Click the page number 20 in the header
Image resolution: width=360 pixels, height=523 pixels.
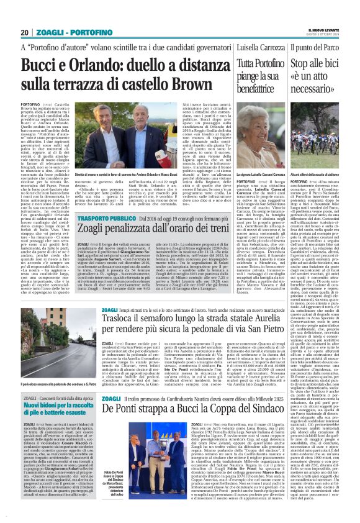pyautogui.click(x=25, y=32)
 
